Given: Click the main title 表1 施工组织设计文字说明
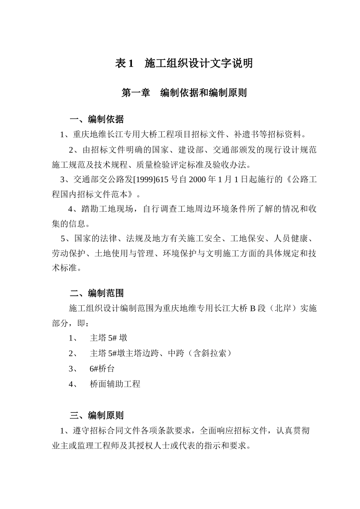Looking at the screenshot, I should tap(184, 63).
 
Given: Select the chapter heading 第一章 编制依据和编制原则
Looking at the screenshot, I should tap(184, 93).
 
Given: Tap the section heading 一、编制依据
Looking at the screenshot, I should tap(97, 120).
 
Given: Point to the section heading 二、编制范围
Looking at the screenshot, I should tap(97, 293).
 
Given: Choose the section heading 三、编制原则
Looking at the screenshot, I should tap(97, 415).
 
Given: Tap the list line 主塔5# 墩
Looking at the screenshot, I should tap(108, 338).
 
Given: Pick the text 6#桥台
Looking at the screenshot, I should tap(102, 368).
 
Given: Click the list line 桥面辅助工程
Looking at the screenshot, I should tap(115, 384).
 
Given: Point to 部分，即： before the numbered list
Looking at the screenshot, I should tap(71, 323).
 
